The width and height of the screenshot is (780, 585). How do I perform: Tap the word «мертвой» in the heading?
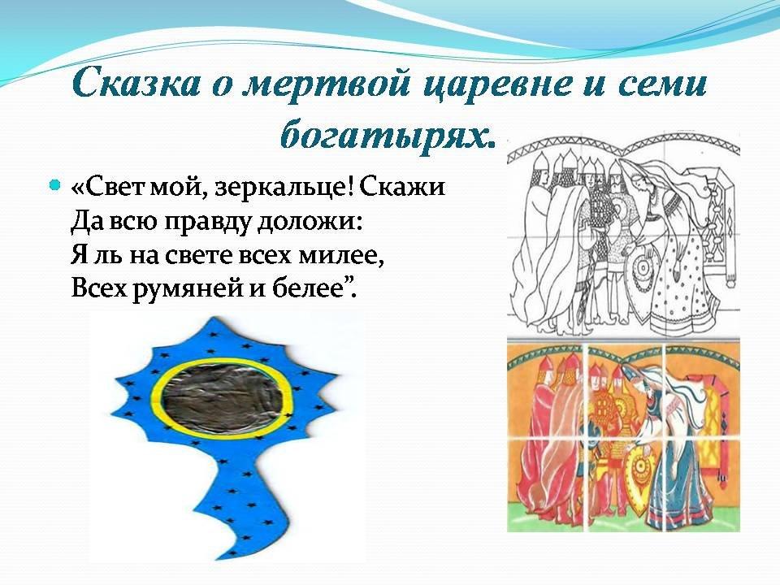325,84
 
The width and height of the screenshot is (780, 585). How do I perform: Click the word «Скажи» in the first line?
401,188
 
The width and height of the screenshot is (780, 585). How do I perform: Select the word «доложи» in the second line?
309,223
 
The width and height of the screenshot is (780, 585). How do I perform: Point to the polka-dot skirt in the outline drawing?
682,284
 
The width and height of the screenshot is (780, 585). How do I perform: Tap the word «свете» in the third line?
200,256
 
